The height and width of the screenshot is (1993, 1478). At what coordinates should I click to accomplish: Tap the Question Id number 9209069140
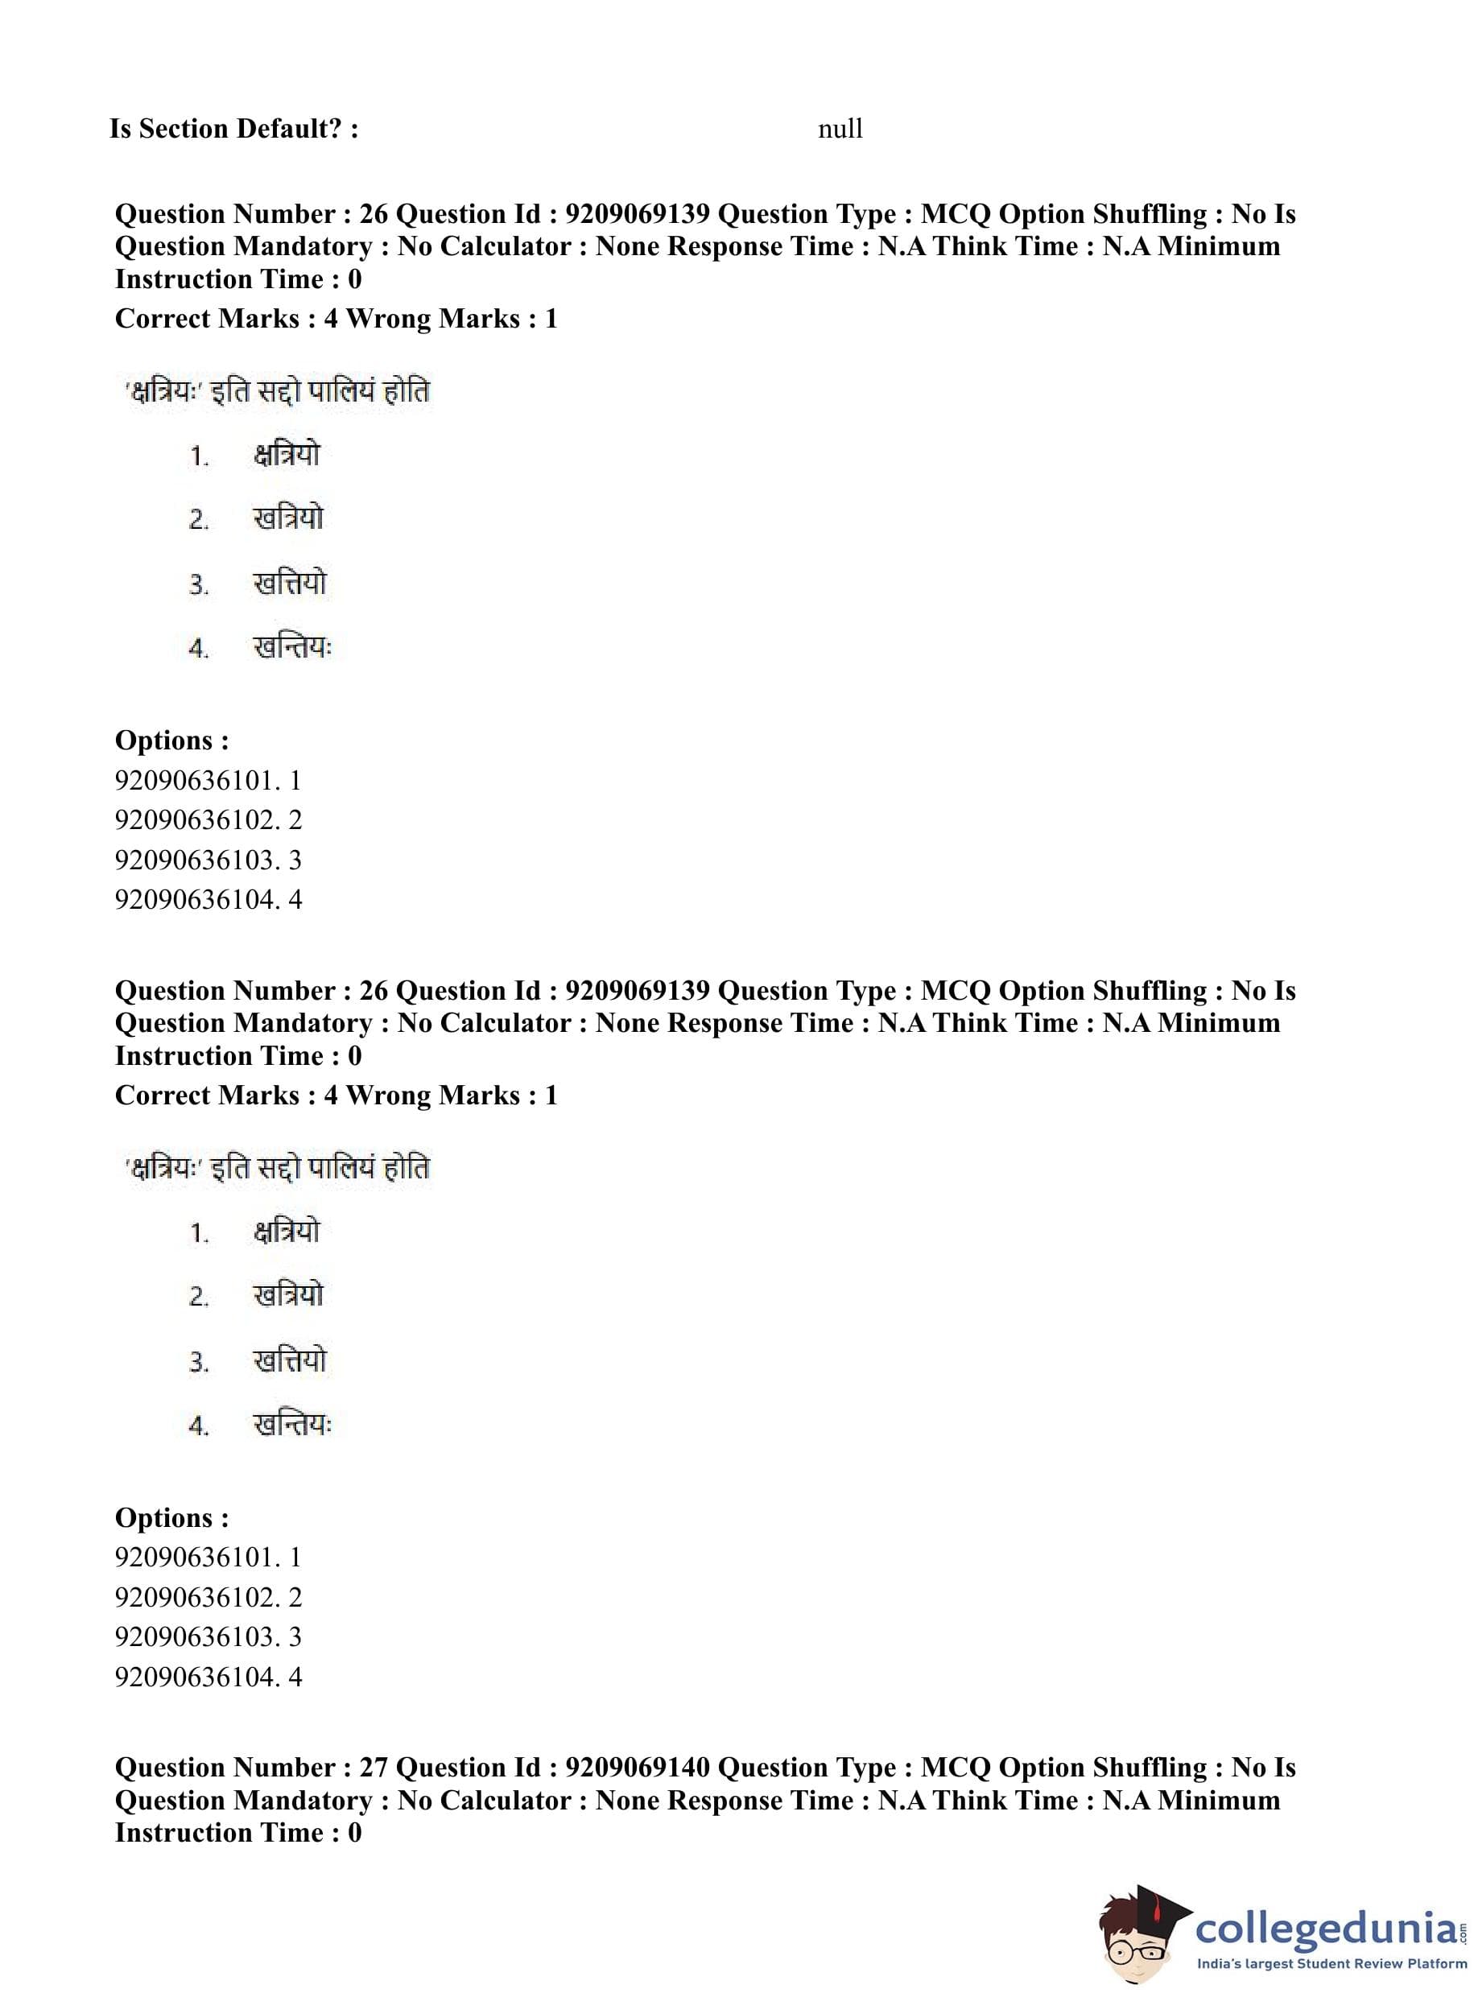[x=637, y=1767]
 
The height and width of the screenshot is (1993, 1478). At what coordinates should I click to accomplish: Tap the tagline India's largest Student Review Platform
[x=1331, y=1963]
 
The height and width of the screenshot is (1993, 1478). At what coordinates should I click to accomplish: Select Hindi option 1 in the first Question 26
[x=287, y=456]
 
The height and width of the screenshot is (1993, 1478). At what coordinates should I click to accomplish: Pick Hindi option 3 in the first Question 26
[x=290, y=584]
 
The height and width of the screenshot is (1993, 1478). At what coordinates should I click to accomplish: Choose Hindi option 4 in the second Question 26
[x=292, y=1424]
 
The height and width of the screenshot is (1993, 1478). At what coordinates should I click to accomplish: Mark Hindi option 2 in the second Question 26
[x=288, y=1295]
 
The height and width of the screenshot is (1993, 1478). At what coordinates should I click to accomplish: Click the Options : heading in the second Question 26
[x=171, y=1517]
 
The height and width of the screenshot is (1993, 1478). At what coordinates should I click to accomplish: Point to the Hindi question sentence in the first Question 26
[x=278, y=392]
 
